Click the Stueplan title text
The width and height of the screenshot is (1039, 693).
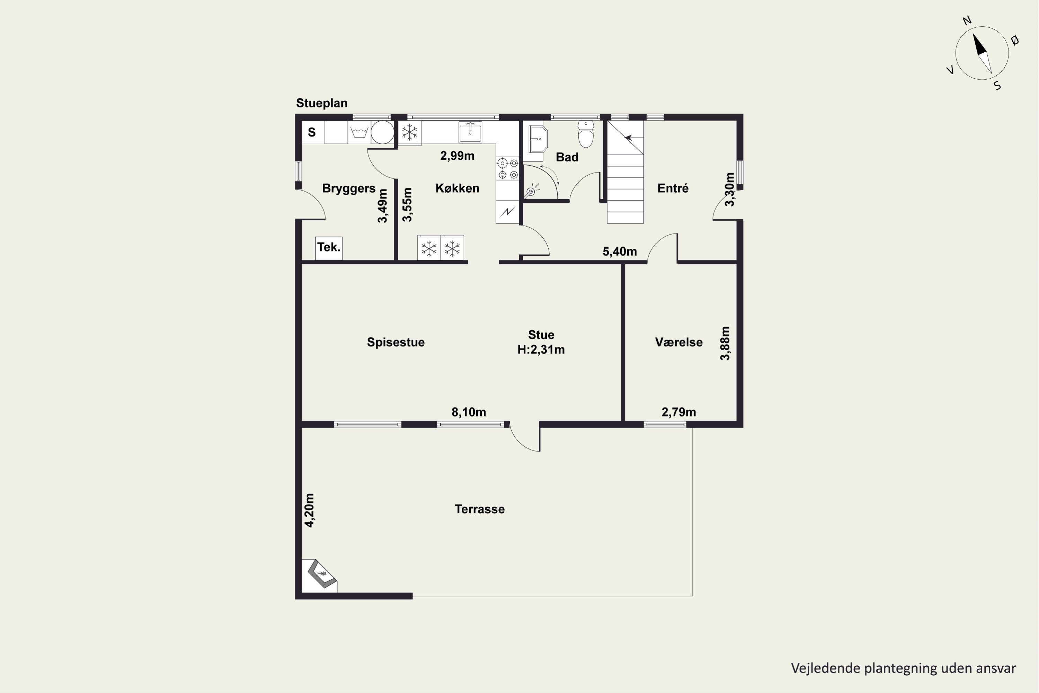[x=322, y=103]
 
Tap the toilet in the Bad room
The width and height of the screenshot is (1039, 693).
[x=586, y=134]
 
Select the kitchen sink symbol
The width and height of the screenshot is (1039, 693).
[x=470, y=132]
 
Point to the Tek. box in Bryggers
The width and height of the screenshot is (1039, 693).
[x=329, y=248]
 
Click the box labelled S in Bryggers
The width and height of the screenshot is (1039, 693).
[x=313, y=132]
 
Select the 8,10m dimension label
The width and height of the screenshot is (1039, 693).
[x=468, y=412]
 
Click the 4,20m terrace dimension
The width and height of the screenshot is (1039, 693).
[x=310, y=510]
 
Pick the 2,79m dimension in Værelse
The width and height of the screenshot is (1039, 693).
[x=678, y=412]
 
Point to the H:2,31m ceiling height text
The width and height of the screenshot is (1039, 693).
[x=541, y=350]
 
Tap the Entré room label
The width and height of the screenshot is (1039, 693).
[x=673, y=188]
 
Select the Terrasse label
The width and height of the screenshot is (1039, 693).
[x=480, y=509]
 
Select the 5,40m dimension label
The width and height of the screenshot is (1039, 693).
[x=620, y=252]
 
